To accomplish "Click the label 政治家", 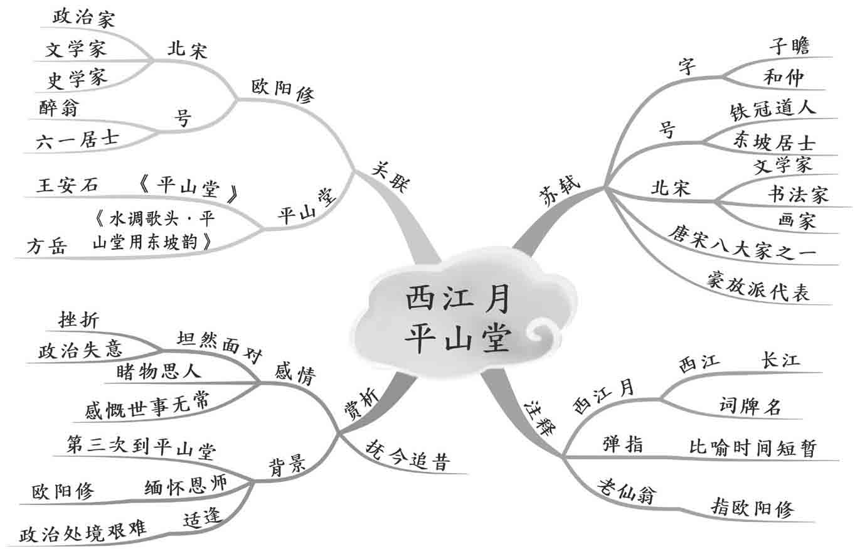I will pyautogui.click(x=84, y=18).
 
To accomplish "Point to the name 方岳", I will pyautogui.click(x=46, y=247).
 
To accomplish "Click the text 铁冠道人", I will pyautogui.click(x=773, y=108).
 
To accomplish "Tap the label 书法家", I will pyautogui.click(x=797, y=194).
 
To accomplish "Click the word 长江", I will pyautogui.click(x=780, y=360).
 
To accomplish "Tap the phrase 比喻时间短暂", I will pyautogui.click(x=753, y=448).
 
